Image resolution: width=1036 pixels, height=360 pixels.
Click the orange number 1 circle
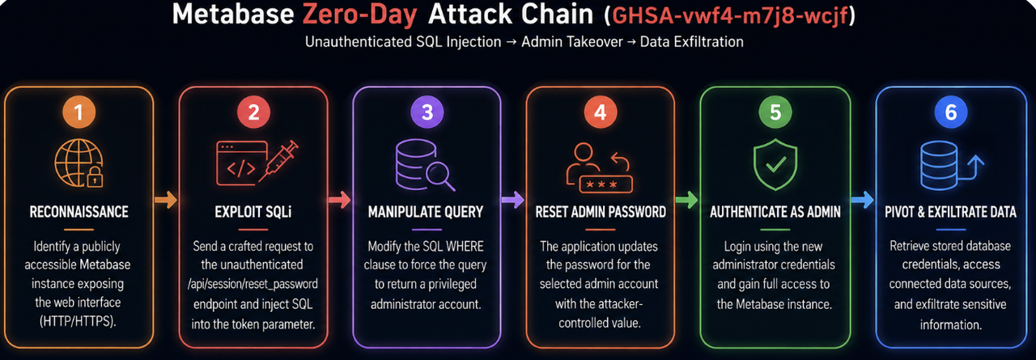(79, 112)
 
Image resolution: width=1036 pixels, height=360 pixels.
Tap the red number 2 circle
(253, 112)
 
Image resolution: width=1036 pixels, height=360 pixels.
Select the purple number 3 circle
(427, 112)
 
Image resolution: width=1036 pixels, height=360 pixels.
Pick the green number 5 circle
(775, 112)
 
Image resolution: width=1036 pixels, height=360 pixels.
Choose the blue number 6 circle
(950, 112)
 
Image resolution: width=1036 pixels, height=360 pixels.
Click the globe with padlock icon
(79, 163)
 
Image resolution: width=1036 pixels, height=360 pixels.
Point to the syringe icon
(278, 161)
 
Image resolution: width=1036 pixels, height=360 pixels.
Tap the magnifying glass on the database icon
(440, 177)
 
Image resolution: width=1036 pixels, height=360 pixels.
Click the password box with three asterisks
(606, 184)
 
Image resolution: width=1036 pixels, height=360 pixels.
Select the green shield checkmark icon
(775, 164)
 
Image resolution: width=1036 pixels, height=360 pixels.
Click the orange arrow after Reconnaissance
(166, 200)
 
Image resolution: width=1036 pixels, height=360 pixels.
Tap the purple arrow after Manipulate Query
(513, 200)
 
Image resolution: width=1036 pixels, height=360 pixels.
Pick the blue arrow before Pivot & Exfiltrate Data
(863, 200)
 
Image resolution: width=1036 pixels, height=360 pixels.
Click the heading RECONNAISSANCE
(79, 212)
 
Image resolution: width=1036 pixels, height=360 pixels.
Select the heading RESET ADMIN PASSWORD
(601, 212)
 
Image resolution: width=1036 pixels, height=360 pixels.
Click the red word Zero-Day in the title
(360, 15)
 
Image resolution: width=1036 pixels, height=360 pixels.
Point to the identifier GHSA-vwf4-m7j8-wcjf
(730, 15)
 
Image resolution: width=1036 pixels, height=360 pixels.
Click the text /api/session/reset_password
(253, 284)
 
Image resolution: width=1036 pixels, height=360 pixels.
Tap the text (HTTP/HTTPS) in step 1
(78, 321)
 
